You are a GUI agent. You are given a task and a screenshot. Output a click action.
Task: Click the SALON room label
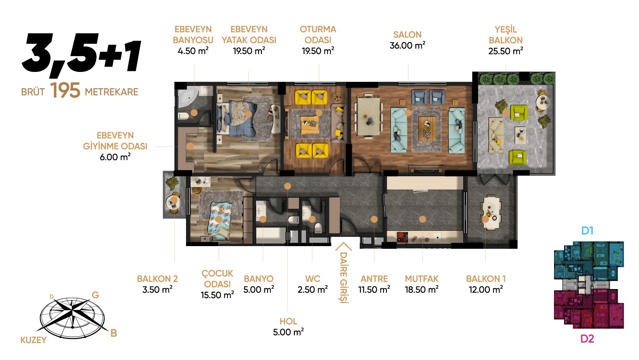[x=407, y=35]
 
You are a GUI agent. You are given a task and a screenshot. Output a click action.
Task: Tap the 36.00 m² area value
[x=407, y=45]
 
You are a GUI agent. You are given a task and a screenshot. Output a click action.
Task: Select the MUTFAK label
[x=422, y=279]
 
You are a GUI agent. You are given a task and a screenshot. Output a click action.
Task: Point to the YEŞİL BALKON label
[x=506, y=35]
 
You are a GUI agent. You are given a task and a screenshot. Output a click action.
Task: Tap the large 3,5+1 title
[x=82, y=53]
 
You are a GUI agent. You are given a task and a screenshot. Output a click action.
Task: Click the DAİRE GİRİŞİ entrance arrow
[x=343, y=247]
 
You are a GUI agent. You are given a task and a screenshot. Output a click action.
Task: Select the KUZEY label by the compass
[x=33, y=340]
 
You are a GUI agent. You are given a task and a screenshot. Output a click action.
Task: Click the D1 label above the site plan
[x=587, y=230]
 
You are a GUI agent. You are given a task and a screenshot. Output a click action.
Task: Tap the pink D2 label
[x=587, y=339]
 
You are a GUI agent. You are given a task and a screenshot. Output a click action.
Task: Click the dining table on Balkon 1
[x=491, y=213]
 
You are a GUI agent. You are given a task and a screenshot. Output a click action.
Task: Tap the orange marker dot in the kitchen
[x=422, y=219]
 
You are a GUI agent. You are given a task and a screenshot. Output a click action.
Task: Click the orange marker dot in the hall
[x=288, y=186]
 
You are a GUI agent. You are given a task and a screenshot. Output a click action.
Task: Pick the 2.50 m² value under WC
[x=313, y=289]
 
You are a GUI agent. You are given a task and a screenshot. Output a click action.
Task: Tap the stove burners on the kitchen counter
[x=402, y=237]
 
